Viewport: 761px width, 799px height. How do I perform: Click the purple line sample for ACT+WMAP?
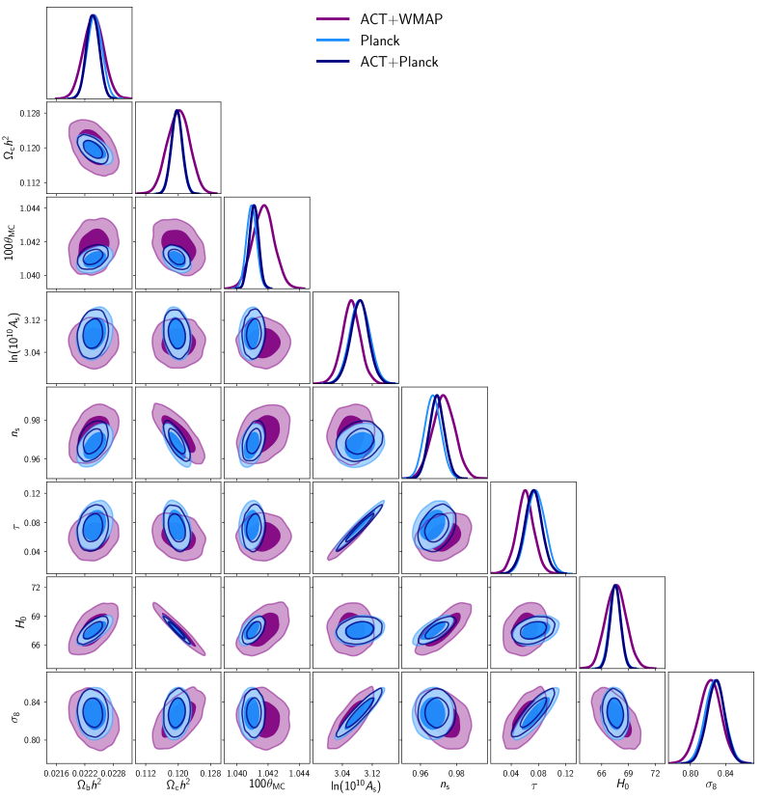click(x=333, y=18)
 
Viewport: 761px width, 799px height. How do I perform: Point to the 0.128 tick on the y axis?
click(x=30, y=114)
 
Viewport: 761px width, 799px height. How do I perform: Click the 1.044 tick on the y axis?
click(x=30, y=208)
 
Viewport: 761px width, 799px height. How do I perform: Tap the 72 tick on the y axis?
click(x=37, y=587)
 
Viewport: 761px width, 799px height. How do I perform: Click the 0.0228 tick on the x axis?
click(x=114, y=773)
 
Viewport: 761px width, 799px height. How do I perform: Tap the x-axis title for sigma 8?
click(x=711, y=787)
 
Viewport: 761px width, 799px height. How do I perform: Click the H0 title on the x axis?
click(x=622, y=787)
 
